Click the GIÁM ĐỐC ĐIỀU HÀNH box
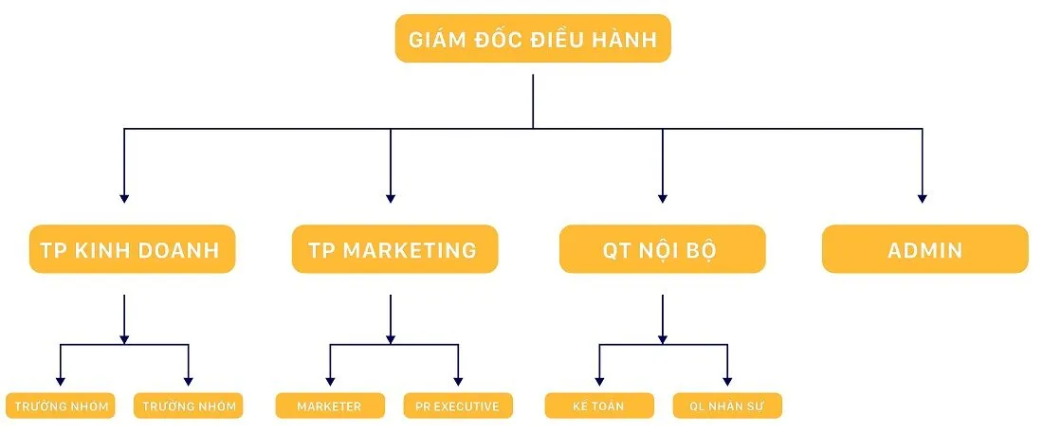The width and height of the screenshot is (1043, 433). coord(532,41)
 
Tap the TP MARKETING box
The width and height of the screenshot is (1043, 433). coord(393,249)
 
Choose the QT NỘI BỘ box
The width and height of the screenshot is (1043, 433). coord(661,249)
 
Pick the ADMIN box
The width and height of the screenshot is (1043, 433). coord(924,249)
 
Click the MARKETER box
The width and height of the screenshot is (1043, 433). coord(330,406)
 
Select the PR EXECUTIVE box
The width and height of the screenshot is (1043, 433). coord(457,406)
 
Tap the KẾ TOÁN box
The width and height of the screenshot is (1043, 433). coord(599,406)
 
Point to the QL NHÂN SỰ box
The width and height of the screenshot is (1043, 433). coord(727,406)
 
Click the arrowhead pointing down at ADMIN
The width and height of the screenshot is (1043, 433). coord(922,198)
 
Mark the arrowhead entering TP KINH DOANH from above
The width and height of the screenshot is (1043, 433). coord(124,198)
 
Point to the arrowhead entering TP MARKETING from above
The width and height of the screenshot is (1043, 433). coord(390,198)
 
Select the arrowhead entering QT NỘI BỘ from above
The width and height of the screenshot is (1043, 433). coord(662,198)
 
